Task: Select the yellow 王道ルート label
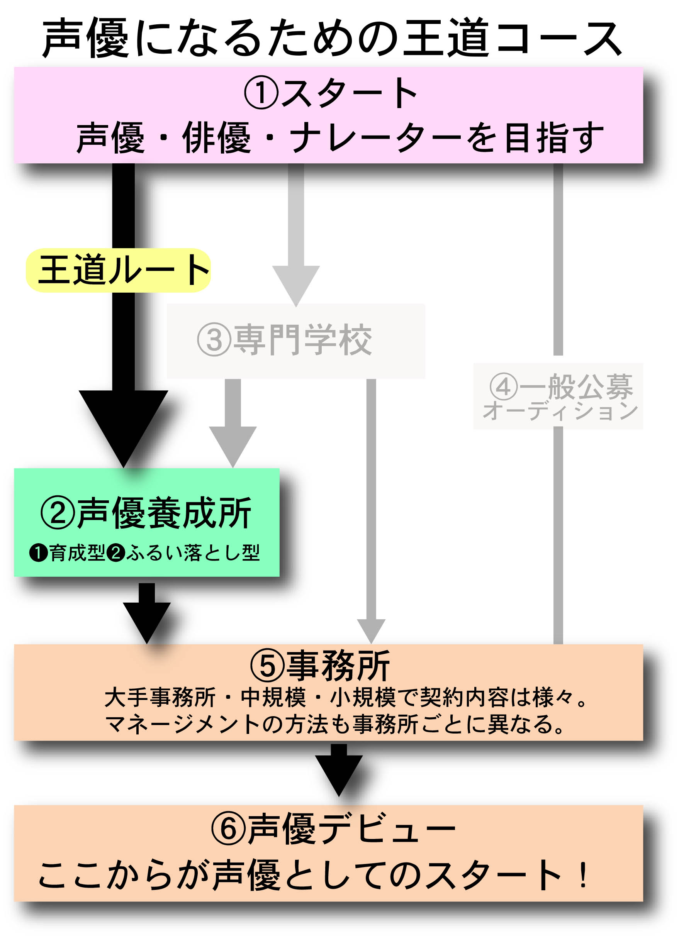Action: pos(119,270)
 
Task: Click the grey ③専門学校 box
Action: pos(296,341)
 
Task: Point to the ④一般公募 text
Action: pos(561,387)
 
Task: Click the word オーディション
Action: pos(560,411)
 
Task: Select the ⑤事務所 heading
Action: pos(320,666)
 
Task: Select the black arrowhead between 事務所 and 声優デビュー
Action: pos(339,773)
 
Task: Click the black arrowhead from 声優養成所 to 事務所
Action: pos(147,620)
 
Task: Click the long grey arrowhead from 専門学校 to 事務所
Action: pos(371,630)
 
